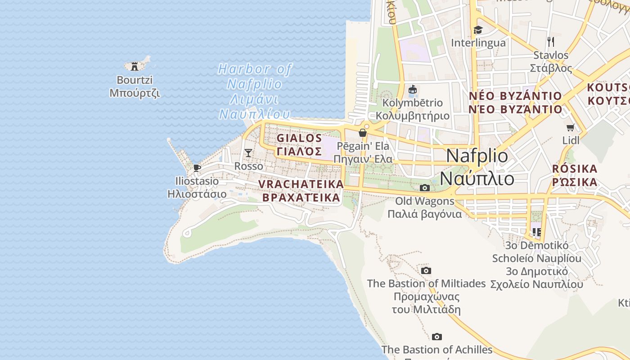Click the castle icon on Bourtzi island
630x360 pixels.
coord(134,67)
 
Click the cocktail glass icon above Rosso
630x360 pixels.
coord(248,153)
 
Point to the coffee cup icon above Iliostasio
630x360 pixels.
coord(197,168)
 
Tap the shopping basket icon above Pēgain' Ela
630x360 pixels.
coord(362,133)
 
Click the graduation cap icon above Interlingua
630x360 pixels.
coord(478,30)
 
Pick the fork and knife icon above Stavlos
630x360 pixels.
coord(551,42)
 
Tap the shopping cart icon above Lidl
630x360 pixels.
coord(571,127)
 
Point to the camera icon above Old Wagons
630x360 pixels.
coord(424,188)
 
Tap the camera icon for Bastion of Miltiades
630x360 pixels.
coord(426,270)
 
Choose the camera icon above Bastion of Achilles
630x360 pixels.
coord(436,337)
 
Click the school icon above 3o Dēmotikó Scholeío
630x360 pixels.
coord(536,232)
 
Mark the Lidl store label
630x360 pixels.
coord(571,140)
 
